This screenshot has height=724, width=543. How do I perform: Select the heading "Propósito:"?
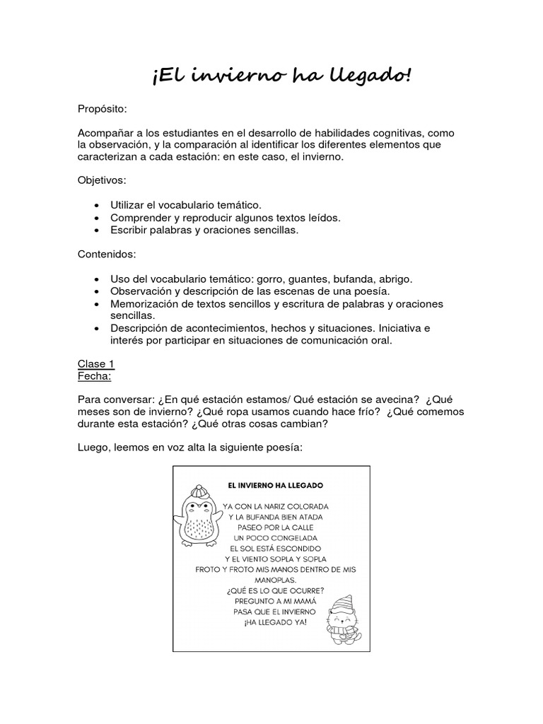[103, 110]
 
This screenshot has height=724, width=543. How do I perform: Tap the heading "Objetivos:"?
[102, 181]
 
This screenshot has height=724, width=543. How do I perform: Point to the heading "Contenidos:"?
[106, 252]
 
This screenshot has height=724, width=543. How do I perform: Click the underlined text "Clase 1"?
[95, 363]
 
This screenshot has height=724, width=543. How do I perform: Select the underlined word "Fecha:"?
[94, 375]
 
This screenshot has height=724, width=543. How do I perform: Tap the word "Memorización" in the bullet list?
[144, 303]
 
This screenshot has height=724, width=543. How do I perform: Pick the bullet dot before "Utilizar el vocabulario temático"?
[96, 205]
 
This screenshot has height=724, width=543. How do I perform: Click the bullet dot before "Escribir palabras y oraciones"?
[96, 230]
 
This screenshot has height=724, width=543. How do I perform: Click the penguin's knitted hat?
[199, 490]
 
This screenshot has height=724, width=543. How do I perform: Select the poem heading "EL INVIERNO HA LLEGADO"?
[275, 486]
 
